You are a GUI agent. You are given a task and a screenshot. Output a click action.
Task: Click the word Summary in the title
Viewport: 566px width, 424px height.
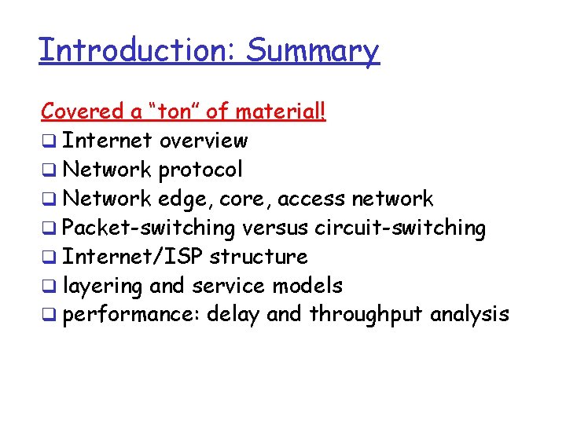[x=312, y=51]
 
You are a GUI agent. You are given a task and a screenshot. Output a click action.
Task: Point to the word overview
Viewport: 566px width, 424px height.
[x=203, y=141]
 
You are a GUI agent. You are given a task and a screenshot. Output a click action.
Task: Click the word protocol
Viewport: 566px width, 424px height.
[x=200, y=170]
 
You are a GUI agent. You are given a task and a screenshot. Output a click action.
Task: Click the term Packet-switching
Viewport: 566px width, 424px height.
[x=149, y=228]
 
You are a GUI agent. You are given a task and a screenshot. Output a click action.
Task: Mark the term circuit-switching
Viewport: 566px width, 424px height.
[x=400, y=228]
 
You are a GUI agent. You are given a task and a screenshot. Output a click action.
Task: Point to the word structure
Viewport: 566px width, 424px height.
[x=259, y=257]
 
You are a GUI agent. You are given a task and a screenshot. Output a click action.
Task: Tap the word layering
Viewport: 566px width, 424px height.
[x=101, y=286]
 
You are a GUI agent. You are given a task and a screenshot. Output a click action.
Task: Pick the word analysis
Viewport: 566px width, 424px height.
[x=471, y=315]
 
